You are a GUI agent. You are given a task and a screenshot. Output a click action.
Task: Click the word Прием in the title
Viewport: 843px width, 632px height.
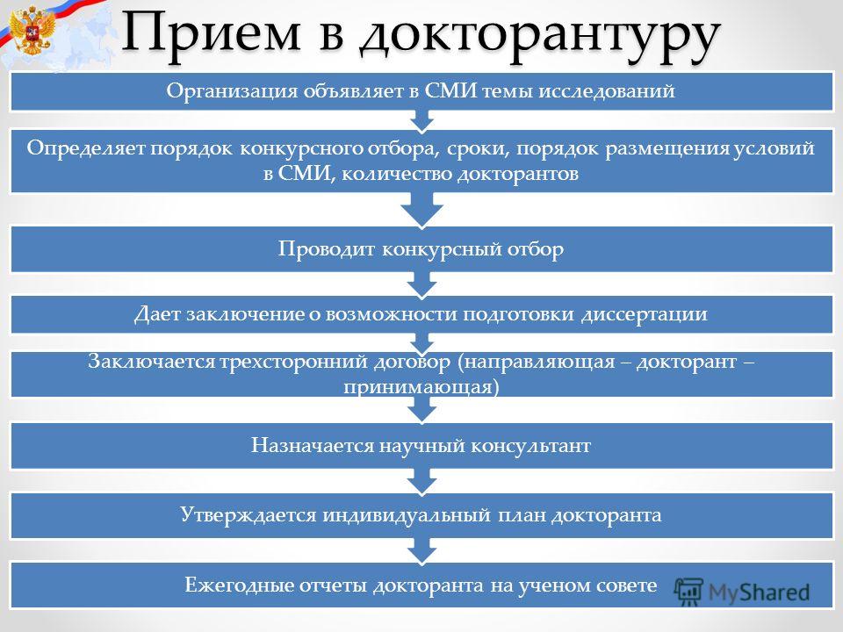pyautogui.click(x=210, y=32)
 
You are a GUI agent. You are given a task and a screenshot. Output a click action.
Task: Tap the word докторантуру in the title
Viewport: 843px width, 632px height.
pyautogui.click(x=540, y=37)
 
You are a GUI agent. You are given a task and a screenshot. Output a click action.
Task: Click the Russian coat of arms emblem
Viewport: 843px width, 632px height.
pyautogui.click(x=32, y=30)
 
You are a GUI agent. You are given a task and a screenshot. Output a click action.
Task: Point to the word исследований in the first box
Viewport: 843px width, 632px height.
pyautogui.click(x=607, y=90)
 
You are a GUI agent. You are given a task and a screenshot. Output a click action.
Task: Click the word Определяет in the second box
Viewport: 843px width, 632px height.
pyautogui.click(x=85, y=148)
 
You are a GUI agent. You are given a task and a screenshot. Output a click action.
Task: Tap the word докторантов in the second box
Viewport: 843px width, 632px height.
pyautogui.click(x=518, y=174)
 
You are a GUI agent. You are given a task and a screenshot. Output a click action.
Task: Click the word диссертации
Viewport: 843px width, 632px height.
pyautogui.click(x=644, y=314)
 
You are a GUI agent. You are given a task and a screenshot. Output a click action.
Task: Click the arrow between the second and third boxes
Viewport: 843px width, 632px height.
pyautogui.click(x=422, y=209)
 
